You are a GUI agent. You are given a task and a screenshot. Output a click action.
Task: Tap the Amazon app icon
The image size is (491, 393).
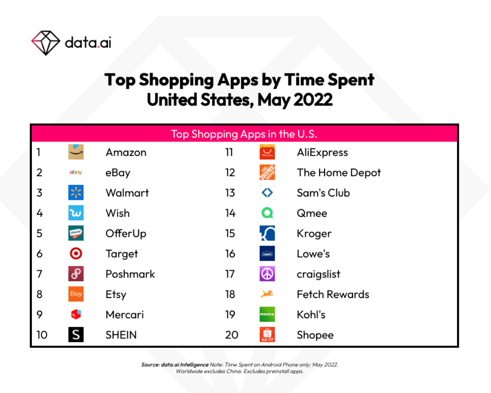pos(76,152)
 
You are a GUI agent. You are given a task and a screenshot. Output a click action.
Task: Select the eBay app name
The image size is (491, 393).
pos(118,173)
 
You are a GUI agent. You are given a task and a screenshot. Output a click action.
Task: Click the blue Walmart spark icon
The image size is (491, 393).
pos(76,193)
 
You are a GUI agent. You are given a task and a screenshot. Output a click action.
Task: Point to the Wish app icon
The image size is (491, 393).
pos(76,213)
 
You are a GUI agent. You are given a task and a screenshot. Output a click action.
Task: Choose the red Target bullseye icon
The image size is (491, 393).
pos(76,254)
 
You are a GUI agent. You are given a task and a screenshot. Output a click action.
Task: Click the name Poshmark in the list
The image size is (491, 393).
pos(130,274)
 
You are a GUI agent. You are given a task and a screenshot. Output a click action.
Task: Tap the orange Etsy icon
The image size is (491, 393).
pos(76,294)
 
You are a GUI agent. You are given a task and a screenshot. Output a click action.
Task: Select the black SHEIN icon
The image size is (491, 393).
pos(76,335)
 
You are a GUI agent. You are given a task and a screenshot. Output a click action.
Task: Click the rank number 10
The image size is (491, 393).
pos(42,335)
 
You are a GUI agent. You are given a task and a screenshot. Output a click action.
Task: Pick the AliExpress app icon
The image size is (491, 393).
pos(267,152)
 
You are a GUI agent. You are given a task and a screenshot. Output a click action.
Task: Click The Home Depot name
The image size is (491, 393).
pos(339,173)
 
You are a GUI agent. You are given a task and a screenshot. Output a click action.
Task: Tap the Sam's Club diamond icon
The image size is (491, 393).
pos(267,193)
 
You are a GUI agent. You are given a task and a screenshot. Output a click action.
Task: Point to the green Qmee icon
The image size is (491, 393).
pos(267,213)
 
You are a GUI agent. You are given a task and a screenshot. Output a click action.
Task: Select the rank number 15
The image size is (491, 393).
pos(230,233)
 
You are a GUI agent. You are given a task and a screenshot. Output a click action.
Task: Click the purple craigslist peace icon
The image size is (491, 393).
pos(267,274)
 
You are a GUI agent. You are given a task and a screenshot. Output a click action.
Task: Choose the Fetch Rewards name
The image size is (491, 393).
pos(333,295)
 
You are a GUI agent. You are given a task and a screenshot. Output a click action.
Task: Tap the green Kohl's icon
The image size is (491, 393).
pos(267,314)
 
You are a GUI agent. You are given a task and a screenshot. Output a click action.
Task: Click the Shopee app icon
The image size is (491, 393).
pos(267,335)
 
